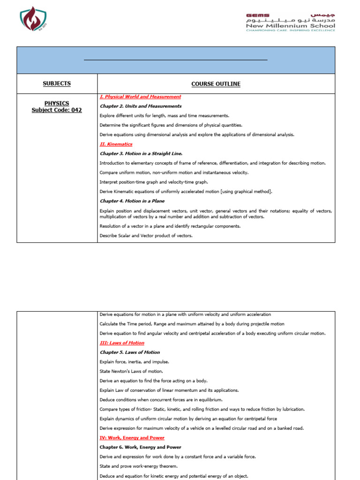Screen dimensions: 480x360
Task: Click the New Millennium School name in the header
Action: click(291, 26)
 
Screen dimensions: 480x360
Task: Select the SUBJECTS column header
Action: click(57, 83)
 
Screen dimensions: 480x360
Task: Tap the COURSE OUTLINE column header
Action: click(216, 84)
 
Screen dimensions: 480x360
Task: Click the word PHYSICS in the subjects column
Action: click(57, 103)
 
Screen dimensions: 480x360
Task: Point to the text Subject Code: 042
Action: click(57, 110)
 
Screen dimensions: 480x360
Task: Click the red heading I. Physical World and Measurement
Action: click(140, 97)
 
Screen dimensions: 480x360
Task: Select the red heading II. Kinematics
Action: click(116, 144)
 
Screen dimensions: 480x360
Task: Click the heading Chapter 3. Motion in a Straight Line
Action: click(141, 154)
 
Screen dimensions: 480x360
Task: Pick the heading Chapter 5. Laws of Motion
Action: click(130, 352)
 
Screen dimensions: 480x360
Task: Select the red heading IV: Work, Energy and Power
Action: click(132, 438)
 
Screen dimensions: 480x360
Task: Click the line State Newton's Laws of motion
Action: click(131, 371)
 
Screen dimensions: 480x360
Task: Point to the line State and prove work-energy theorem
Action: click(139, 466)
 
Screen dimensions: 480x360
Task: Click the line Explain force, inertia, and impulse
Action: click(135, 362)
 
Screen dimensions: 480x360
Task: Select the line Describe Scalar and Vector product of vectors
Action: click(146, 236)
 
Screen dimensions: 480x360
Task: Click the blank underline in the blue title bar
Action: click(175, 60)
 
